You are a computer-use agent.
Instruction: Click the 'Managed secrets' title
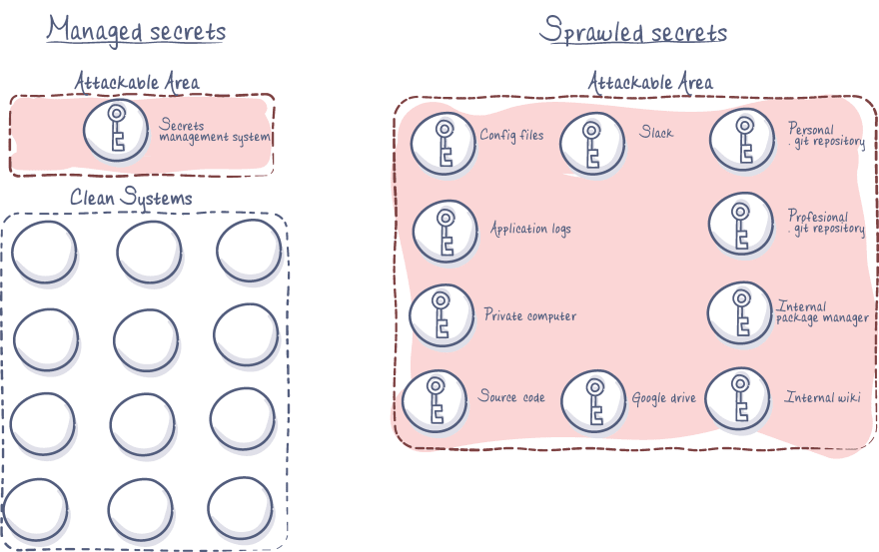[x=136, y=31]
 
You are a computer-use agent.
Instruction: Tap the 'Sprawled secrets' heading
[x=633, y=31]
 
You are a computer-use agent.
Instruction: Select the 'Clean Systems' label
[x=131, y=198]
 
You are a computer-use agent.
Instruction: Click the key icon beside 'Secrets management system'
[x=116, y=130]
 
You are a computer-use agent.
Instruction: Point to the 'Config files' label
[x=511, y=135]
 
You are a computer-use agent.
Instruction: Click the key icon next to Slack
[x=591, y=143]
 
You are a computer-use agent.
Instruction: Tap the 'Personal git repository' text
[x=826, y=136]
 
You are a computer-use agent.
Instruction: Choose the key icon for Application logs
[x=444, y=231]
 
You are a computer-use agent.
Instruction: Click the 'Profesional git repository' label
[x=825, y=223]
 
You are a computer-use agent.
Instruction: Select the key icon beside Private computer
[x=440, y=315]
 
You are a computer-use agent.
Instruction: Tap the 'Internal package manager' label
[x=822, y=312]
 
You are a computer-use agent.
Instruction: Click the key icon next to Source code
[x=435, y=399]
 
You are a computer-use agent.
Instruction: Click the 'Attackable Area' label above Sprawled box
[x=650, y=82]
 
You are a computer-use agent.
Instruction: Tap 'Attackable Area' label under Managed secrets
[x=137, y=82]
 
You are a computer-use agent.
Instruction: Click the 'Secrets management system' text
[x=215, y=131]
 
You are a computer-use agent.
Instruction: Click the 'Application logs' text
[x=530, y=229]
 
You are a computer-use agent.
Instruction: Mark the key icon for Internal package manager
[x=740, y=312]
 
